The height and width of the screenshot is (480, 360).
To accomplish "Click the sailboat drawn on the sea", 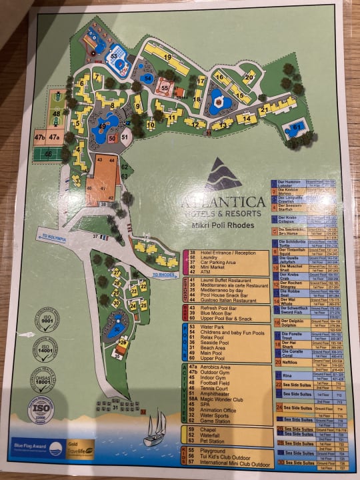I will click(x=155, y=427).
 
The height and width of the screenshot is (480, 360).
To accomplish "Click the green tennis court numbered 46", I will click(x=47, y=155).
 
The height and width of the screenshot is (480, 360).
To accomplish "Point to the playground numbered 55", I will click(x=164, y=87).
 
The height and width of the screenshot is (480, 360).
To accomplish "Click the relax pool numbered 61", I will click(x=296, y=127).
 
